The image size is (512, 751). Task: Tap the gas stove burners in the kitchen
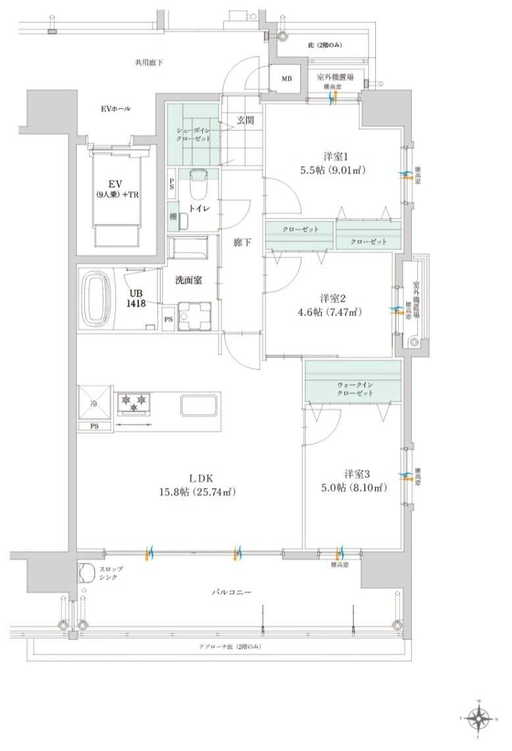click(136, 403)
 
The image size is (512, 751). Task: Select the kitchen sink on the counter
click(199, 404)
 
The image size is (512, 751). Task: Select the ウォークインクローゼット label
click(355, 388)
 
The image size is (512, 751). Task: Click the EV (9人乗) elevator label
click(115, 188)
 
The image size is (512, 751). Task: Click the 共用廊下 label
click(149, 63)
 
